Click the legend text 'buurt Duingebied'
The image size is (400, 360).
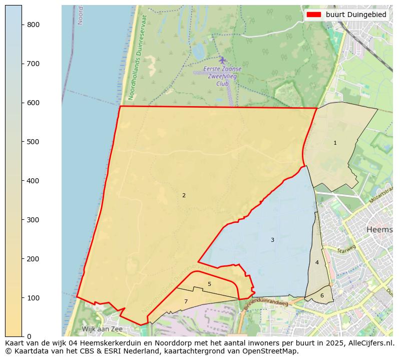[x=356, y=15]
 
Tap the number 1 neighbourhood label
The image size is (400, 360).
[x=335, y=143]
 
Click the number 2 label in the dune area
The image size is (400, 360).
[x=184, y=196]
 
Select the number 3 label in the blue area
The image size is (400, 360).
[x=272, y=240]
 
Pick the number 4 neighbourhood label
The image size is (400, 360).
[x=317, y=263]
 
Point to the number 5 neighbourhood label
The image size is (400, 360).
[x=209, y=284]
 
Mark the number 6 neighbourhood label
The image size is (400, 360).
[x=322, y=296]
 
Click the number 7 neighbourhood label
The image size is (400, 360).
[x=186, y=302]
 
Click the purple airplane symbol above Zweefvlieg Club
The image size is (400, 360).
[x=222, y=60]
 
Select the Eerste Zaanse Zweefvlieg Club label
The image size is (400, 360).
[x=222, y=76]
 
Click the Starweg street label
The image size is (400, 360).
[x=346, y=249]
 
